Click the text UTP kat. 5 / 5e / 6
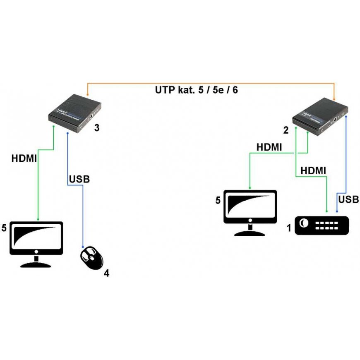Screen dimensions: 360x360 tap(197, 90)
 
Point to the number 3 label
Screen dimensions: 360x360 tap(96, 128)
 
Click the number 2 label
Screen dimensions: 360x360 tap(286, 131)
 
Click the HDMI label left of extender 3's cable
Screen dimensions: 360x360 tap(24, 158)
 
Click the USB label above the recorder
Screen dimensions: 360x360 tap(348, 200)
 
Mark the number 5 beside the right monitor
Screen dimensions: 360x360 tap(218, 200)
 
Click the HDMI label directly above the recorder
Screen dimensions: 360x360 tap(313, 170)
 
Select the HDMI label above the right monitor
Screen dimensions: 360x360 tap(269, 147)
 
